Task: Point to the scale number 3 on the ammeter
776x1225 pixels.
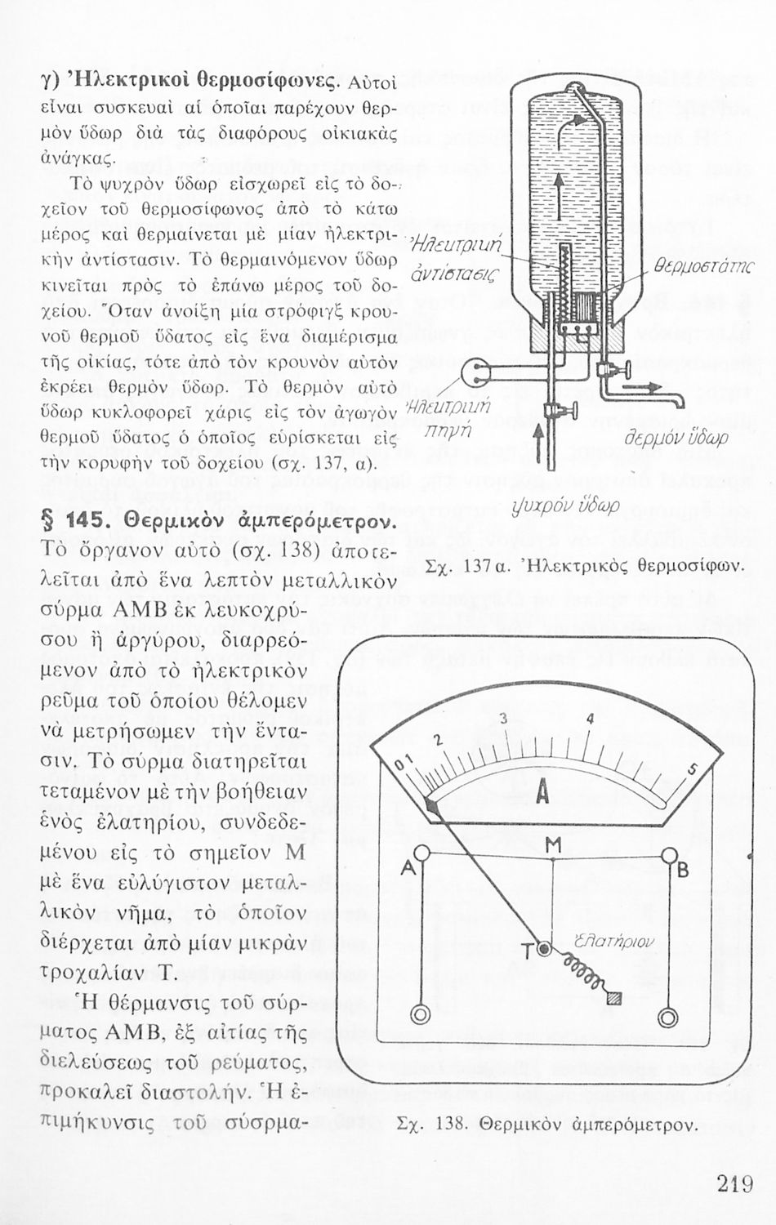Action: [503, 719]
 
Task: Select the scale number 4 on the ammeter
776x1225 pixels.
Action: [590, 719]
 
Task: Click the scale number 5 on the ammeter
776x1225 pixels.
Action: [691, 768]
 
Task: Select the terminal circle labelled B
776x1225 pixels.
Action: [669, 856]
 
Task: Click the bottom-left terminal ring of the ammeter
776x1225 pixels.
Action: [420, 1015]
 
